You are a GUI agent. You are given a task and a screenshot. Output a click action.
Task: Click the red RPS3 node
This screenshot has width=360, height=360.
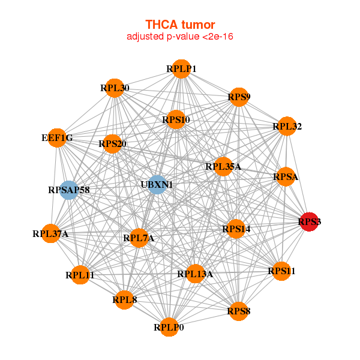(309, 222)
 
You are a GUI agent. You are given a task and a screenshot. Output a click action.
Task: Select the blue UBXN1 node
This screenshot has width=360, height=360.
(157, 185)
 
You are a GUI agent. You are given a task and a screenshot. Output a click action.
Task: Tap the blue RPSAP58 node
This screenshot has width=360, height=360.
(69, 190)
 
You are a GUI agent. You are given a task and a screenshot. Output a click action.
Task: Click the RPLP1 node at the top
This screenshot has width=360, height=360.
(181, 69)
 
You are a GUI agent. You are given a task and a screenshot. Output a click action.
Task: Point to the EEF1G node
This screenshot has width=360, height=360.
(57, 138)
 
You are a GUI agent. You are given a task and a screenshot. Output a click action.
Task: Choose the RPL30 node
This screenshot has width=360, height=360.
(115, 88)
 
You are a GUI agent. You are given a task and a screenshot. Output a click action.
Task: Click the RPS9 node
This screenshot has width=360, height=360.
(239, 97)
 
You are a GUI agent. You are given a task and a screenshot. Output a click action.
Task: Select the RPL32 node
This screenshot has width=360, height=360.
(287, 127)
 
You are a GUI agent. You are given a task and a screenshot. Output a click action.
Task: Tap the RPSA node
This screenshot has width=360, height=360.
(286, 177)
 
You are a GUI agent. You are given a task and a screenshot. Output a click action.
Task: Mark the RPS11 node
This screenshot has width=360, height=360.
(281, 271)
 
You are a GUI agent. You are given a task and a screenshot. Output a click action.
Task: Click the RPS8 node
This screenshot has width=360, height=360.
(239, 311)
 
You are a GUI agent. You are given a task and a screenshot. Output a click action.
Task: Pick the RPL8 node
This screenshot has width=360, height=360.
(124, 299)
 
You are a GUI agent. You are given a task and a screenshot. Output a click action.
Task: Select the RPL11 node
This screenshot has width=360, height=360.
(80, 275)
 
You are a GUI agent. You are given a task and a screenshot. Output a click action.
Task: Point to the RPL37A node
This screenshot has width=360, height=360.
(51, 233)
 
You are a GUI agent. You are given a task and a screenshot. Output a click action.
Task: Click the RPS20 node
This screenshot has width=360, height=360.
(112, 144)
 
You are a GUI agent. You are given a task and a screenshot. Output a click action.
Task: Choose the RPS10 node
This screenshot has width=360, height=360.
(176, 120)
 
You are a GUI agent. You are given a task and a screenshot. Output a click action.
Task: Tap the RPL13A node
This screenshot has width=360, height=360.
(195, 274)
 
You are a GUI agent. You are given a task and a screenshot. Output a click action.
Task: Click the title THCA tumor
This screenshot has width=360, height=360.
(180, 24)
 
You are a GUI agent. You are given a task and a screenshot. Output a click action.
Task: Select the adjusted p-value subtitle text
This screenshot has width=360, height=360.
(180, 37)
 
